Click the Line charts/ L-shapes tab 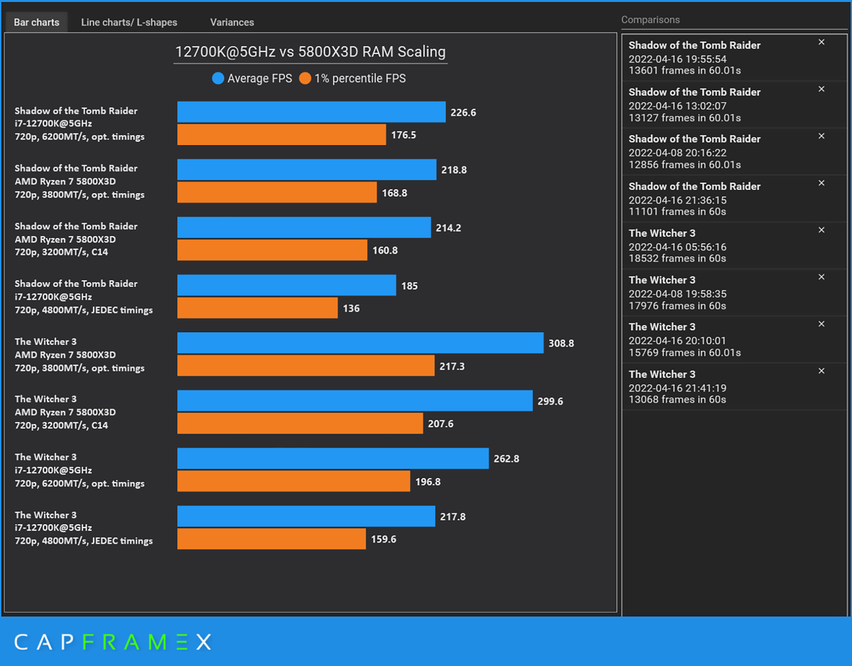click(129, 22)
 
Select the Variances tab click(232, 22)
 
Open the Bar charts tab click(36, 22)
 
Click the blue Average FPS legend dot click(218, 79)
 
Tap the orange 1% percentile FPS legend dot click(305, 79)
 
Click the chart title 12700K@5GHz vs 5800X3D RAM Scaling click(310, 52)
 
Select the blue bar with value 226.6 click(311, 112)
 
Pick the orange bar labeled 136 click(257, 308)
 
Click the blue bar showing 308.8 click(360, 343)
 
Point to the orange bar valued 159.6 click(271, 539)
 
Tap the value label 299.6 click(550, 401)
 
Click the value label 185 click(409, 286)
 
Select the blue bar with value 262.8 click(333, 458)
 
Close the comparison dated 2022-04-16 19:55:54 click(821, 42)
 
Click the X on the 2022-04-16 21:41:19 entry click(821, 371)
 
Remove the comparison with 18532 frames click(821, 230)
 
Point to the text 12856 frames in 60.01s click(684, 165)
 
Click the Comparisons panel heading click(650, 20)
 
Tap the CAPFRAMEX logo click(113, 642)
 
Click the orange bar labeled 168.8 click(276, 193)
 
